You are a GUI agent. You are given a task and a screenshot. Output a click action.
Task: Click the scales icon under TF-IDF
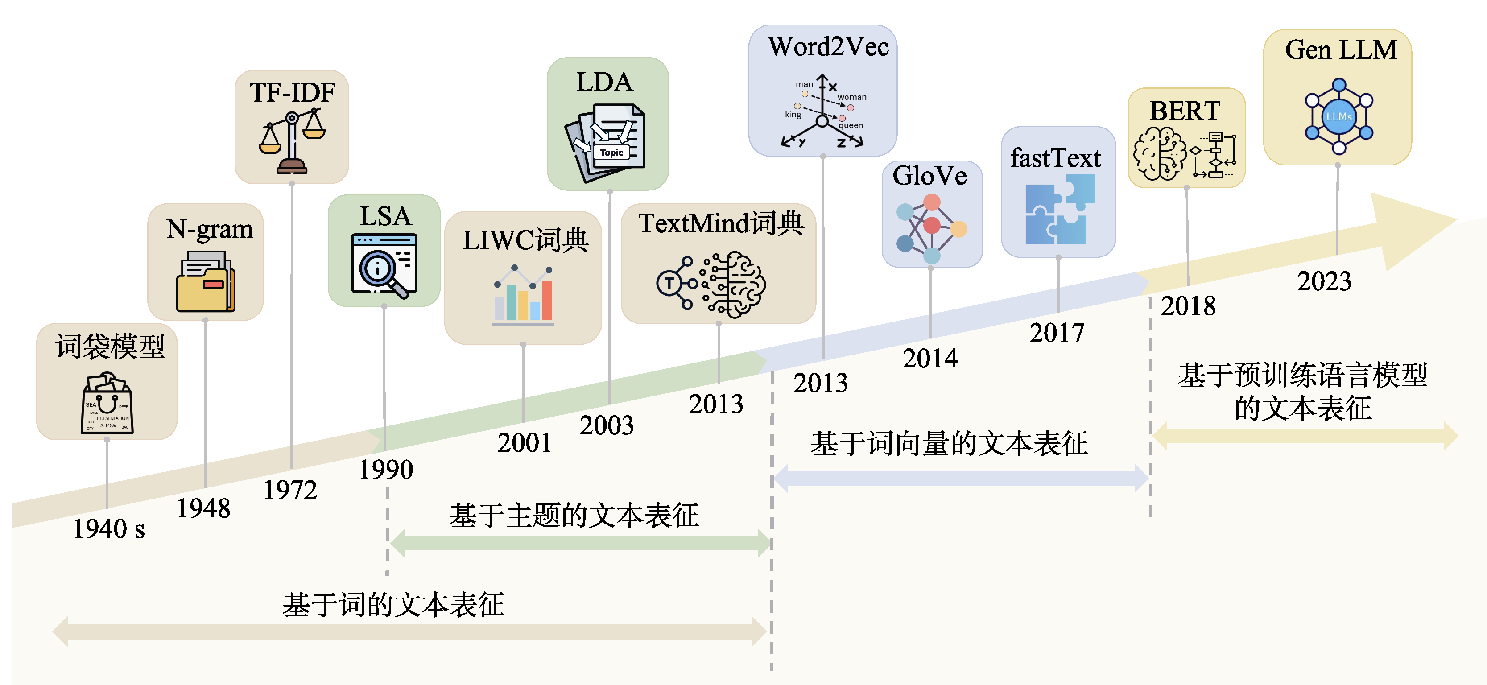click(292, 141)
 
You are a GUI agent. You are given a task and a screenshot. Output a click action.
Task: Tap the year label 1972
click(290, 491)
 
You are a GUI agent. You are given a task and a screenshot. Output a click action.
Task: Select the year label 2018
click(1188, 306)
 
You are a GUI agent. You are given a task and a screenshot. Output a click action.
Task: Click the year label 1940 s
click(108, 528)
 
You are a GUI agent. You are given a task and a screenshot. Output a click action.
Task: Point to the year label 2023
click(1324, 281)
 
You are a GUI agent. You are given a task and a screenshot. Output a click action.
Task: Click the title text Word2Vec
click(828, 47)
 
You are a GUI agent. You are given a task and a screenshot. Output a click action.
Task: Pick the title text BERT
click(1185, 111)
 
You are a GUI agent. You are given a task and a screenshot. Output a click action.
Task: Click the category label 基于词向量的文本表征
click(949, 444)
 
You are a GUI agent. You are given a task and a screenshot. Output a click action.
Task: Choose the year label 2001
click(524, 443)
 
